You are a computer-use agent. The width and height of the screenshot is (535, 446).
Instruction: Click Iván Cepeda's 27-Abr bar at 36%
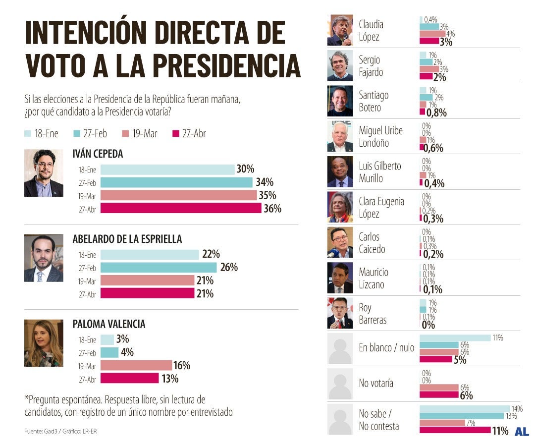(181, 209)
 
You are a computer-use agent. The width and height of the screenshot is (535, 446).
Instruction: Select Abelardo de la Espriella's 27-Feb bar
(159, 268)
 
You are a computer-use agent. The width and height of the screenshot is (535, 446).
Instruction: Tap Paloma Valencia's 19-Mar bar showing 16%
(136, 366)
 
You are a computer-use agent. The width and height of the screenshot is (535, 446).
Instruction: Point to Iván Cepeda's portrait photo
(44, 173)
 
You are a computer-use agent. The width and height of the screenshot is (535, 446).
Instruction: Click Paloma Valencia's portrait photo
(44, 343)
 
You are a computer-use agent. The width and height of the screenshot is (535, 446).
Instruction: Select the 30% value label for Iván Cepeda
(245, 169)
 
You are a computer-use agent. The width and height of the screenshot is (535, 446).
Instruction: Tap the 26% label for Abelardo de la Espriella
(228, 268)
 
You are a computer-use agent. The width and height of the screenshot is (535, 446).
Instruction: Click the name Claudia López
(371, 30)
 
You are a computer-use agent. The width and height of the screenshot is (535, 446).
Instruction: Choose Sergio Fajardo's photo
(340, 65)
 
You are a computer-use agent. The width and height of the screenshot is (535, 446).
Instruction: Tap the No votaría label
(376, 383)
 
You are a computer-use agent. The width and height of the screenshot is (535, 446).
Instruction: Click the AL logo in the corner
(522, 432)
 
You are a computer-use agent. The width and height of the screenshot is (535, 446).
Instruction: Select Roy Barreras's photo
(340, 313)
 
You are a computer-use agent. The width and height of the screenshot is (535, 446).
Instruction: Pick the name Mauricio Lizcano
(374, 278)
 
